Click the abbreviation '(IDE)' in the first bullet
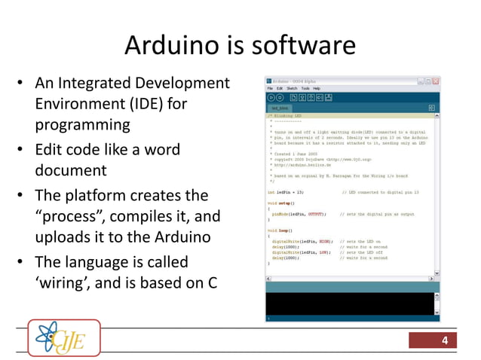pyautogui.click(x=146, y=103)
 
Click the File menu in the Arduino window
pyautogui.click(x=270, y=88)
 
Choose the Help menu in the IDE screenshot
pyautogui.click(x=317, y=88)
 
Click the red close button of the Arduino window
pyautogui.click(x=435, y=80)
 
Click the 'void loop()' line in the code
pyautogui.click(x=281, y=230)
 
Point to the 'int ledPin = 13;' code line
pyautogui.click(x=287, y=192)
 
